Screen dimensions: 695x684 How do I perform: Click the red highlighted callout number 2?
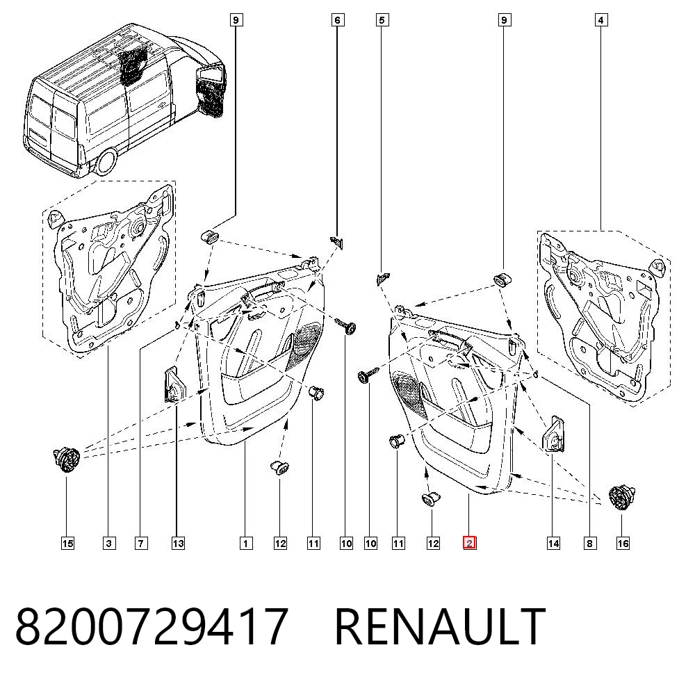pos(469,543)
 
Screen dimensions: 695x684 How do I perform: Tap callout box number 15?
pos(67,543)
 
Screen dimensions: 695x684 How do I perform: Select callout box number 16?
pos(623,543)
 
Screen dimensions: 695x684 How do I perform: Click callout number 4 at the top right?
pos(600,20)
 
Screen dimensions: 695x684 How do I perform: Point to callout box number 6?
pos(337,20)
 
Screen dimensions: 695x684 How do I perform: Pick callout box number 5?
pos(382,20)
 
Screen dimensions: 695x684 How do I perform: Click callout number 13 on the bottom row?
pos(178,543)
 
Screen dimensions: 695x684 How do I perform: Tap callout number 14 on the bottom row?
pos(553,543)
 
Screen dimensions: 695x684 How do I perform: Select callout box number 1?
pos(246,543)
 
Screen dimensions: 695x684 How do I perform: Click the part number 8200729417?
pos(152,626)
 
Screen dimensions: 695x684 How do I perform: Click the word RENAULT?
pos(440,626)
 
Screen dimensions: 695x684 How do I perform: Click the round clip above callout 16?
pos(623,497)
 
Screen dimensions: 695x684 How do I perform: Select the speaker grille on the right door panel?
pos(410,395)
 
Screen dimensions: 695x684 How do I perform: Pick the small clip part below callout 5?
pos(382,278)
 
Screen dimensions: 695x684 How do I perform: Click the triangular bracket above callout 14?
pos(554,434)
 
